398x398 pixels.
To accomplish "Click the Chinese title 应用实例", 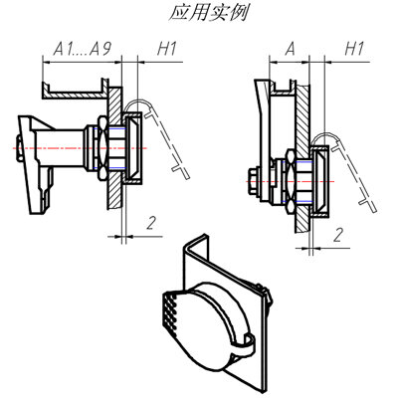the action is click(x=208, y=13).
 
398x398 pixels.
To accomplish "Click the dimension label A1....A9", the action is click(x=82, y=49).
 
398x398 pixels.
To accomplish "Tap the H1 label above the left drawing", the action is click(x=167, y=49).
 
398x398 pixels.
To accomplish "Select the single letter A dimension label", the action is click(x=290, y=49).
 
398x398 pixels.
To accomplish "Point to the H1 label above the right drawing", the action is click(x=354, y=49).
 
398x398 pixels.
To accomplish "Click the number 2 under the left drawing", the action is click(x=151, y=223).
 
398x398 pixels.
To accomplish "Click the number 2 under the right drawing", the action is click(x=338, y=235).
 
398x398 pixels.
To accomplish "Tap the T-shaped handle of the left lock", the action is click(x=33, y=164).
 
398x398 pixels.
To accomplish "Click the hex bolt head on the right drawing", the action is click(x=252, y=182).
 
